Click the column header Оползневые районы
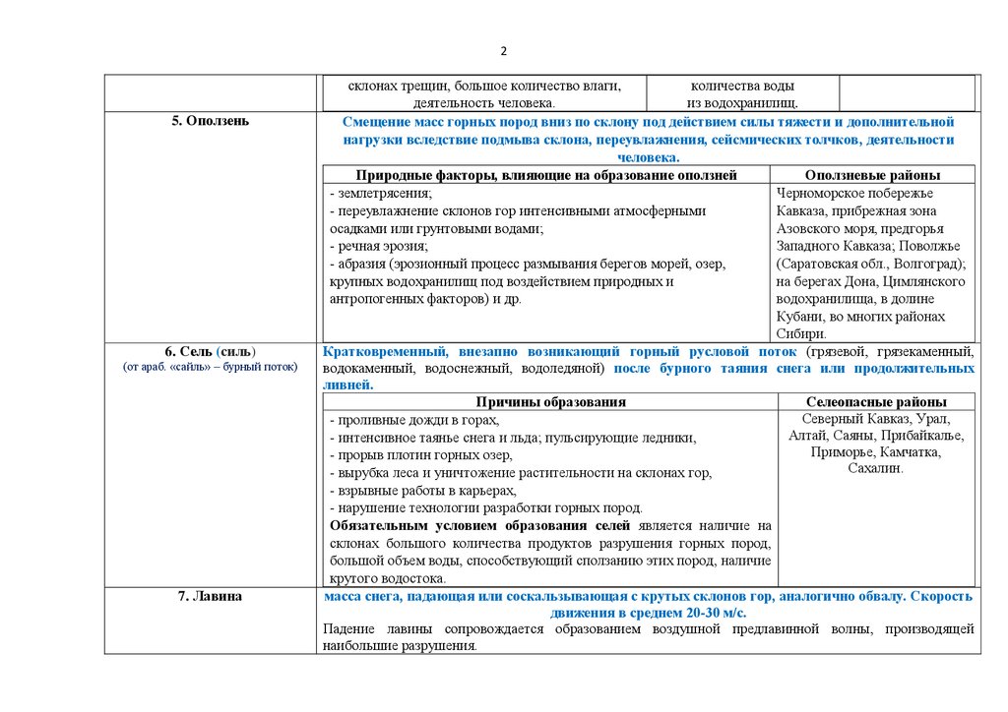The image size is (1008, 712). pos(872,175)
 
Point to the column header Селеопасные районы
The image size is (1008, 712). pos(876,402)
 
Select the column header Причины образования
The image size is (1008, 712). pos(550,402)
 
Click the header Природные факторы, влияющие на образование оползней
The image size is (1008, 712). pos(546,175)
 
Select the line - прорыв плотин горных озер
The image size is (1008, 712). pos(420,454)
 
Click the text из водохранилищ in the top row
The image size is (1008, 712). pos(742,102)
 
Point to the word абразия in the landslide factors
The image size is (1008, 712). pos(360,264)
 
